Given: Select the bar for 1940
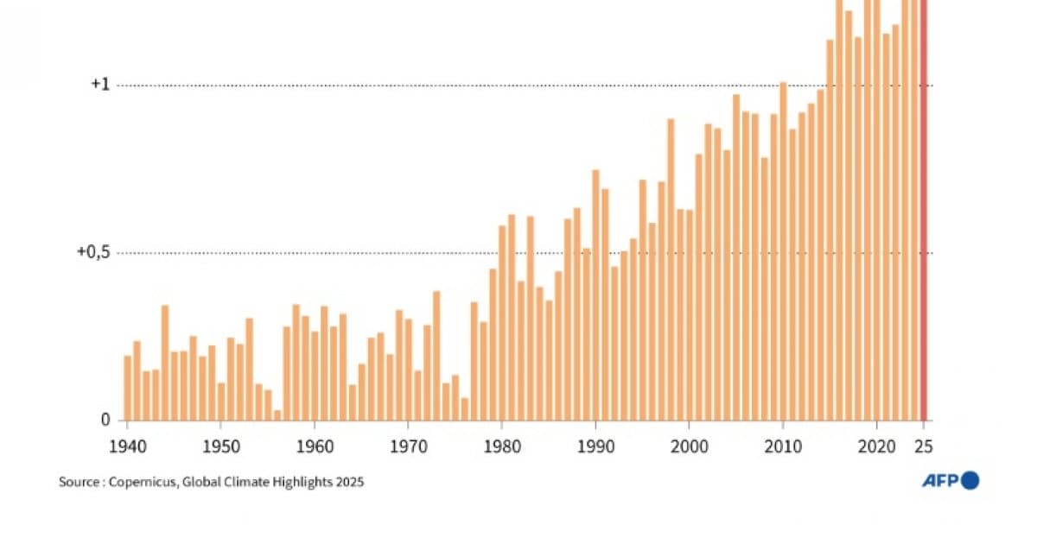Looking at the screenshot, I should point(127,388).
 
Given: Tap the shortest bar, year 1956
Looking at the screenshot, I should point(277,415).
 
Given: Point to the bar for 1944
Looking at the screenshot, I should point(165,363).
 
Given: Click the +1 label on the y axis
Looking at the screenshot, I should point(100,85).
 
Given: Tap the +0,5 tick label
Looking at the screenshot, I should point(94,252).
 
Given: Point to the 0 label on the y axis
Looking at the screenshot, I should point(105,420).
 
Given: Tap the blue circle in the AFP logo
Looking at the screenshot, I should point(970,480).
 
